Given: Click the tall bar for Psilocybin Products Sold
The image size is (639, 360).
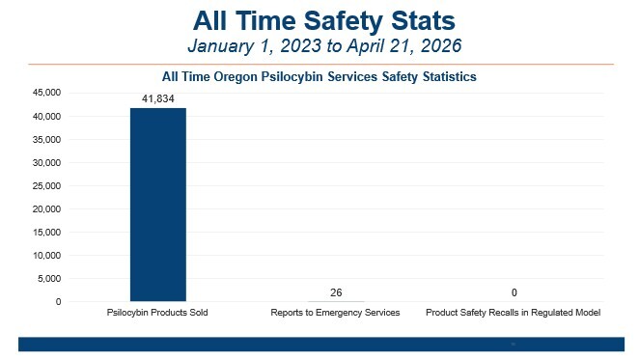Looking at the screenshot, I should pyautogui.click(x=158, y=205).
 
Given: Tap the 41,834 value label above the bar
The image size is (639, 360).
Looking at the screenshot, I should pyautogui.click(x=158, y=97).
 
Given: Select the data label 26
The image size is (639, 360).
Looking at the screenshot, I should pyautogui.click(x=336, y=292).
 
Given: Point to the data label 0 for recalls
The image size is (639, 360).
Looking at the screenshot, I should pyautogui.click(x=514, y=292).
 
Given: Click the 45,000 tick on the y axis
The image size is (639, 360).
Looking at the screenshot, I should pyautogui.click(x=46, y=93).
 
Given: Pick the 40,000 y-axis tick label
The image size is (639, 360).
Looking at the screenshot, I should pyautogui.click(x=46, y=116).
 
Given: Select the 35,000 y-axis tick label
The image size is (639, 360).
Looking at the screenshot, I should pyautogui.click(x=46, y=139).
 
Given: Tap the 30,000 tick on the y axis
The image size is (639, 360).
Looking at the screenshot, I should pyautogui.click(x=46, y=162).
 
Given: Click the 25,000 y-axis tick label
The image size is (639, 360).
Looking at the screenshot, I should pyautogui.click(x=46, y=185).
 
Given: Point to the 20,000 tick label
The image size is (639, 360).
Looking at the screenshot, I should pyautogui.click(x=46, y=208).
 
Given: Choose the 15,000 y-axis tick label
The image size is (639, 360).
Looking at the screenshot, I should pyautogui.click(x=46, y=232).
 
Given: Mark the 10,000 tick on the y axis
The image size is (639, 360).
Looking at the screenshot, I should pyautogui.click(x=46, y=255).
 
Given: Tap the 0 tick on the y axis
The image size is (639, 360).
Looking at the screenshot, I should pyautogui.click(x=58, y=302).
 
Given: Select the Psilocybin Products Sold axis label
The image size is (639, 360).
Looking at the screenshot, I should pyautogui.click(x=157, y=314).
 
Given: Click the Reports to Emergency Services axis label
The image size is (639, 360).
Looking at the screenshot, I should pyautogui.click(x=336, y=314).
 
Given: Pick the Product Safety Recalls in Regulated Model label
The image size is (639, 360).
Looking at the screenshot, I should pyautogui.click(x=514, y=314).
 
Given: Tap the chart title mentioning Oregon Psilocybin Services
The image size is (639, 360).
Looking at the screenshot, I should pyautogui.click(x=319, y=75).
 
